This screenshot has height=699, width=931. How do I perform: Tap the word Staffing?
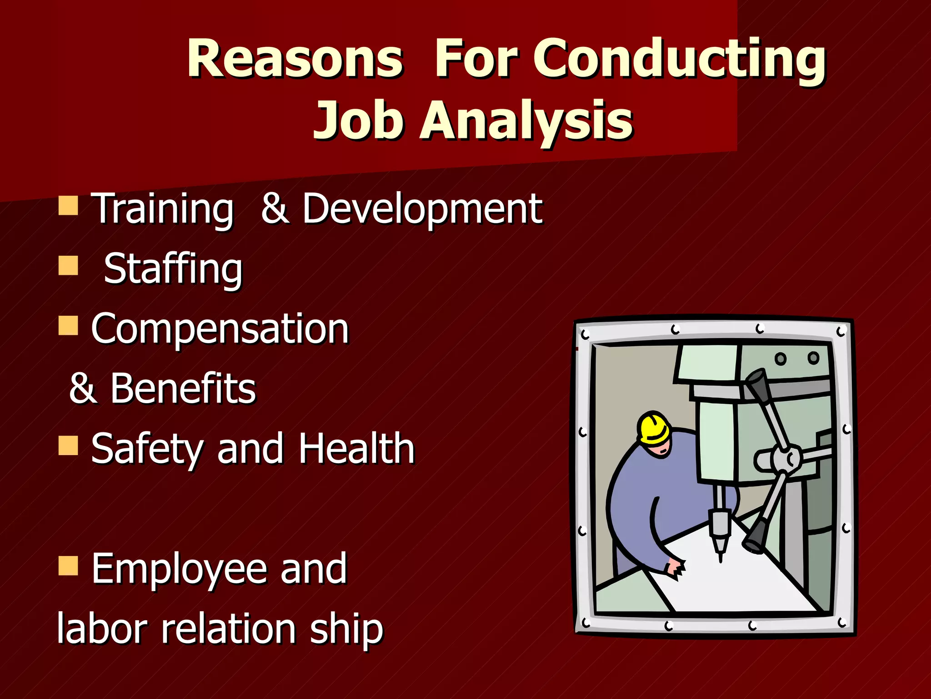[173, 268]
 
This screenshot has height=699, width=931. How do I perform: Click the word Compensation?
[220, 329]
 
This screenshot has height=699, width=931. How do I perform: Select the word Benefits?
[183, 389]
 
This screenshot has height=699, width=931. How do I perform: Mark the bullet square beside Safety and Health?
[68, 446]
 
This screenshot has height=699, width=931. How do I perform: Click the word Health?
[356, 449]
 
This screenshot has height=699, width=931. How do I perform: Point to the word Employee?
[179, 569]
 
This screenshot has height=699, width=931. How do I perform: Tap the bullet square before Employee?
[68, 566]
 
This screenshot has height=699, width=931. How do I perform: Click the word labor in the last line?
[102, 628]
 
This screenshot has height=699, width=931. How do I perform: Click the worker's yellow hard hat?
[654, 428]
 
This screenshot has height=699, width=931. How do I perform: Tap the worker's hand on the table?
[675, 568]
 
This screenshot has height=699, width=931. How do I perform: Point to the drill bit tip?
[720, 558]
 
